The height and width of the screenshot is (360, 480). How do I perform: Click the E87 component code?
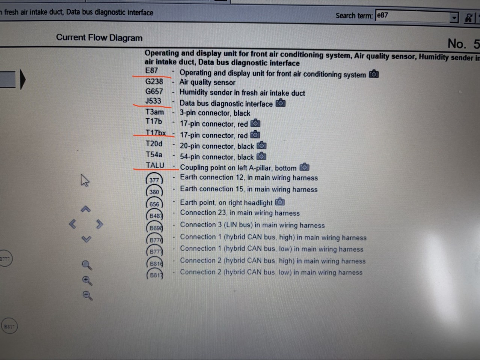pos(151,71)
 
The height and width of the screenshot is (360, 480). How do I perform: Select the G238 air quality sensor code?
pos(154,82)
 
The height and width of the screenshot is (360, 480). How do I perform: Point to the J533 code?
pos(153,101)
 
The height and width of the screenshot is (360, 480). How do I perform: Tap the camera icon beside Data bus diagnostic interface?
pos(280,103)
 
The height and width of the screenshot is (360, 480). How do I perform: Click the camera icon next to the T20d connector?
pos(261,145)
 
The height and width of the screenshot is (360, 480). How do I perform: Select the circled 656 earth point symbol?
pos(154,204)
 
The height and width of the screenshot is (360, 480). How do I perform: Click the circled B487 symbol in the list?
pos(155,216)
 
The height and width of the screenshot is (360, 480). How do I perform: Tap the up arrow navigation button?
pos(86,209)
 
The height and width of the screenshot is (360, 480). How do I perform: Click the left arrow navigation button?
pos(72,224)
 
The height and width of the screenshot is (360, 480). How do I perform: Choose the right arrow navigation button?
pos(100,224)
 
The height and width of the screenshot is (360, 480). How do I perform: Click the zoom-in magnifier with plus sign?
pos(87,281)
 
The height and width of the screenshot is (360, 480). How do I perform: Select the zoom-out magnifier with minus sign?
pos(88,296)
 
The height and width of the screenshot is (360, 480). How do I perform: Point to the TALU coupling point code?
pos(155,165)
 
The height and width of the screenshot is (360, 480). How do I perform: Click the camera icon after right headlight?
pos(280,202)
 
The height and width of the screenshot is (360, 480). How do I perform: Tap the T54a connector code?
pos(154,155)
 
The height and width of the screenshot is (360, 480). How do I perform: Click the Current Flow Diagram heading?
pos(99,38)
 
